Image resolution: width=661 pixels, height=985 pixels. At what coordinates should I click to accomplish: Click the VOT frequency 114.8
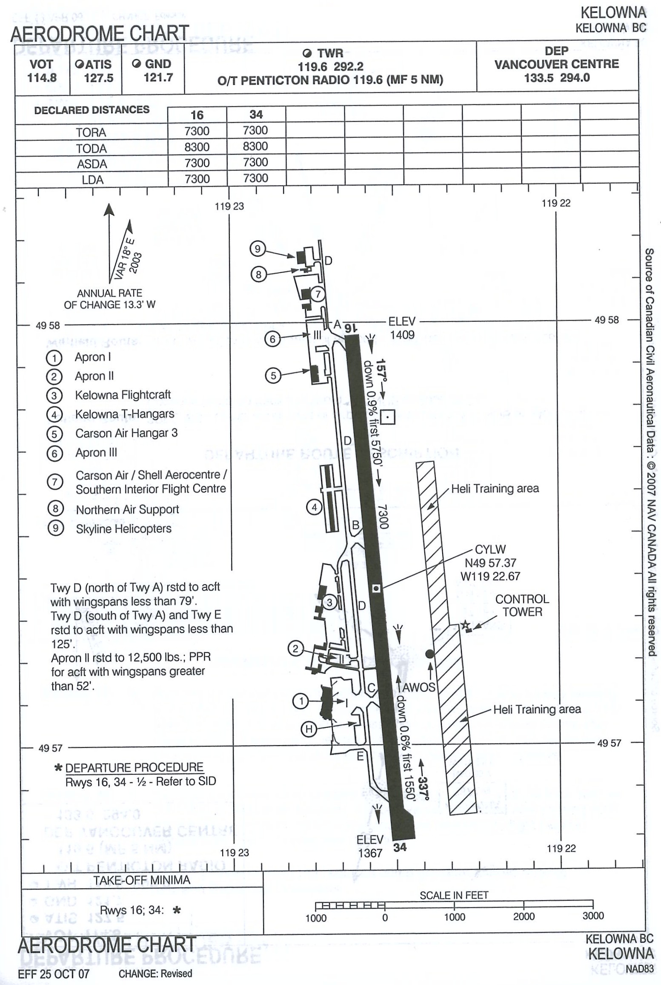pos(42,78)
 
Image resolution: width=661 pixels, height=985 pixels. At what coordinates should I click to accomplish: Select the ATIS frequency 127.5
pos(98,78)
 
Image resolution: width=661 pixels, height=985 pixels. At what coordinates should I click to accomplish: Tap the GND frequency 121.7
pos(158,78)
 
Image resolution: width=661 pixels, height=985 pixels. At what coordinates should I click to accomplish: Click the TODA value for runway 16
pos(197,147)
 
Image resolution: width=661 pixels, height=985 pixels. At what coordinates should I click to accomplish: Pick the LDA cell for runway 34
pos(255,178)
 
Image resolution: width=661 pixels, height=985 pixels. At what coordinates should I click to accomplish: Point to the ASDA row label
pos(92,164)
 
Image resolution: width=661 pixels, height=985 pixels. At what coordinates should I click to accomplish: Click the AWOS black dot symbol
pos(430,654)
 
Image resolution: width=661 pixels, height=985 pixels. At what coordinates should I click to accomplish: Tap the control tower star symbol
pos(465,625)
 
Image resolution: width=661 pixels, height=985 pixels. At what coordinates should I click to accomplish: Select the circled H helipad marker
pos(309,729)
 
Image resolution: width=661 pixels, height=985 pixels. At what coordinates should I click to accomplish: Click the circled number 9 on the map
pos(258,249)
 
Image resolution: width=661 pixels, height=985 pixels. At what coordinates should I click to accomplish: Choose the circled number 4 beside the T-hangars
pos(315,507)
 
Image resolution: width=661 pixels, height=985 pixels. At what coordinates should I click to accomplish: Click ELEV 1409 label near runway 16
pos(402,328)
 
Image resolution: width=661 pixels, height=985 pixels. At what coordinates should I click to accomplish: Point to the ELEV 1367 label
pos(370,847)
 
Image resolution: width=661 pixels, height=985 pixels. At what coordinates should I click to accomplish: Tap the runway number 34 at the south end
pos(400,847)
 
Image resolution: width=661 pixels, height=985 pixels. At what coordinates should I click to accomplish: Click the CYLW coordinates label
pos(490,563)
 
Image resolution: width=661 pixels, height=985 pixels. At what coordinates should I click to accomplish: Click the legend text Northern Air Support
pos(127,509)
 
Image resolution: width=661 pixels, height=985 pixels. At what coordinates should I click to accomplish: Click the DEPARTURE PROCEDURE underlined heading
pos(134,768)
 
